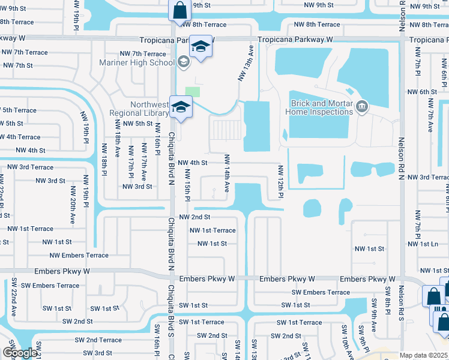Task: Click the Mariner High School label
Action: click(145, 62)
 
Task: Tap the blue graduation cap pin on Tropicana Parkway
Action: click(201, 47)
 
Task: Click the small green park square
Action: click(193, 92)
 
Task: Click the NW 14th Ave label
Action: click(227, 173)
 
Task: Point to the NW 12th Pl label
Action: click(280, 182)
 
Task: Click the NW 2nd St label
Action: click(196, 217)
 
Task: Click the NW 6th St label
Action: click(422, 92)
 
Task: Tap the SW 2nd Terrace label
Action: click(98, 340)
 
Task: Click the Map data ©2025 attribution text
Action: click(424, 355)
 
